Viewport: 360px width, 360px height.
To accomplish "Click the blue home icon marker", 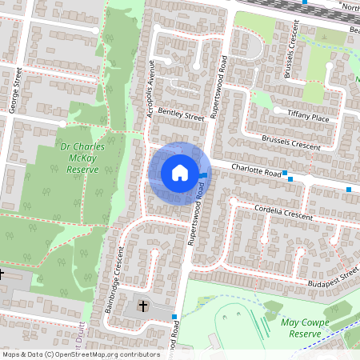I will coord(179,172).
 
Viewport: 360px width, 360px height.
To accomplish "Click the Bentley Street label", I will coord(182,114).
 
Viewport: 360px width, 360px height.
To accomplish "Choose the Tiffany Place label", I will coord(310,117).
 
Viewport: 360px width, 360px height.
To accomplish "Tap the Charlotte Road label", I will coord(257,170).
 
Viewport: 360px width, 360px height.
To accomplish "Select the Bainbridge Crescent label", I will coord(117,265).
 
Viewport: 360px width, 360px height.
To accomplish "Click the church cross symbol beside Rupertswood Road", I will coord(143,306).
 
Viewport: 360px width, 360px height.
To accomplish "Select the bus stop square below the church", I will coord(174,318).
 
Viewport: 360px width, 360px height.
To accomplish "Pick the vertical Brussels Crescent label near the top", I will coord(290,57).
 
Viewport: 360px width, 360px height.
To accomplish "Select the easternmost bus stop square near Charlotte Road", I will coord(349,189).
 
